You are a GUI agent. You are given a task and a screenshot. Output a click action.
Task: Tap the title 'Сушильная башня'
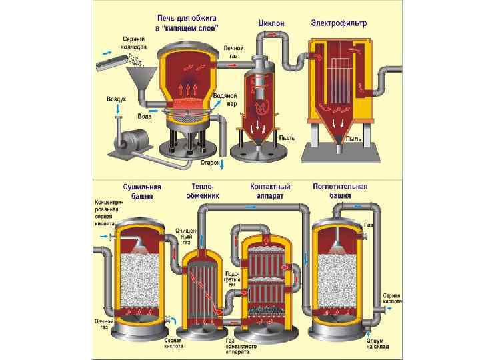pos(138,191)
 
